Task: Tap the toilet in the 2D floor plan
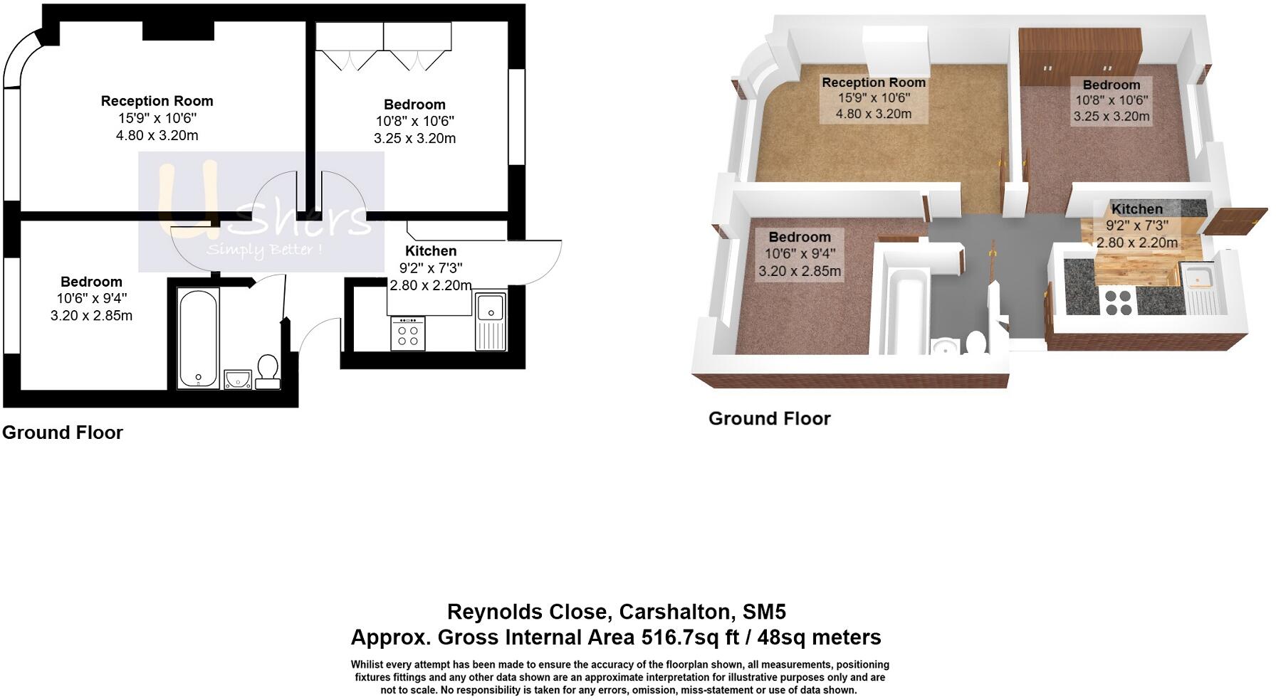coord(268,372)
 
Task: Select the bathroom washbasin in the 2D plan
coord(238,379)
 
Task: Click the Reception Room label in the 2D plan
coord(157,101)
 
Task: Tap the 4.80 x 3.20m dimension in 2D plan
coord(157,135)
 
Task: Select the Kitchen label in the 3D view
coord(1136,209)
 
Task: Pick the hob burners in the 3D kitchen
coord(1117,302)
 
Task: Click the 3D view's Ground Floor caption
coord(769,418)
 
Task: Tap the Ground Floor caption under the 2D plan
coord(63,433)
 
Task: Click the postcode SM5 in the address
coord(764,612)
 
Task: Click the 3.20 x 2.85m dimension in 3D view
coord(799,271)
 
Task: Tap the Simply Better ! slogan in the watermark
coord(264,250)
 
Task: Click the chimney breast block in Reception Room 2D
coord(178,31)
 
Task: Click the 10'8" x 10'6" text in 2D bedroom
coord(414,122)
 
